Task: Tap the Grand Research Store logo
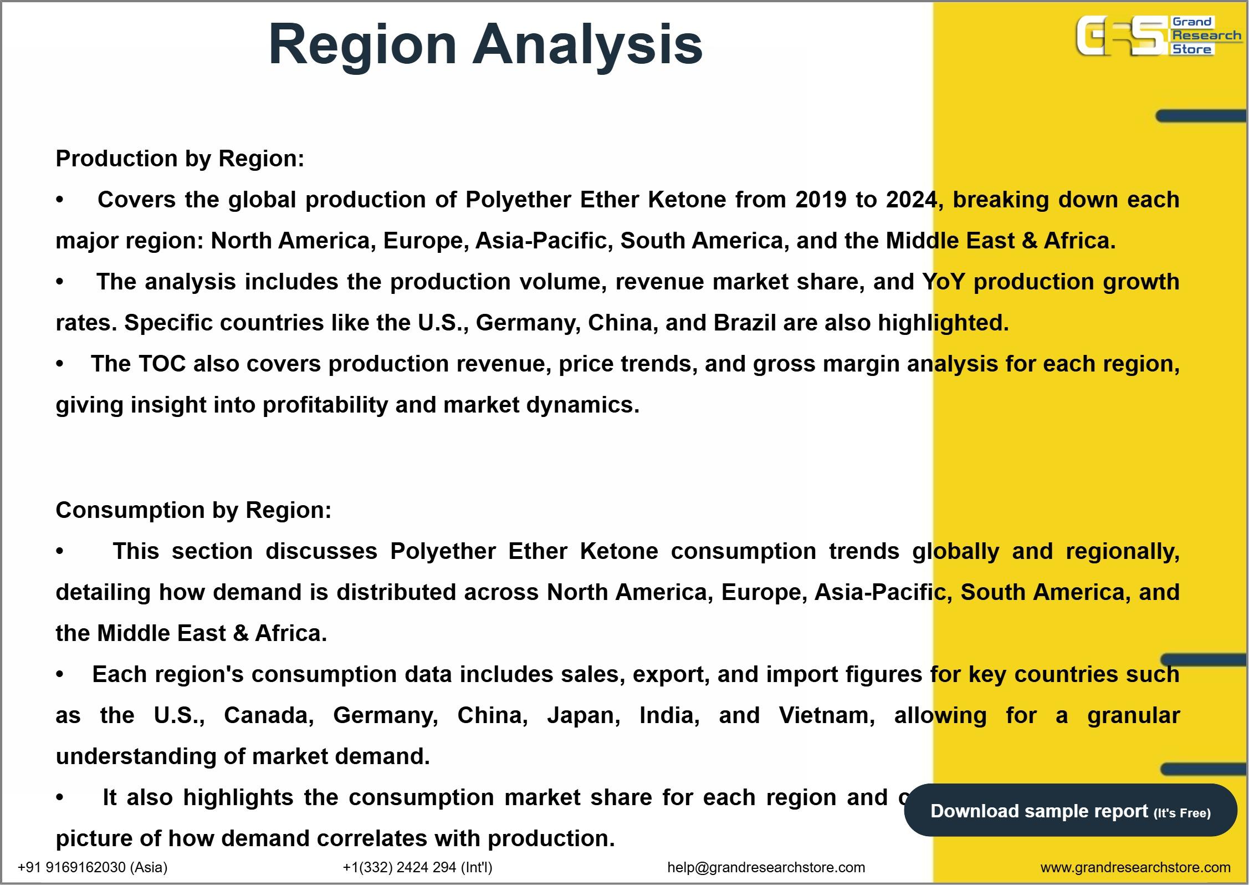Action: tap(1159, 36)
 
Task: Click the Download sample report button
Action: tap(1071, 811)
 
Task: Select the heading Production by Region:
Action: tap(180, 159)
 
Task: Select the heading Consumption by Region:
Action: tap(193, 510)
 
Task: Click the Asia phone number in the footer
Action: tap(93, 867)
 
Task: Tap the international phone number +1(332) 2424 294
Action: tap(417, 867)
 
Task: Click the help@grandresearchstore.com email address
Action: tap(766, 867)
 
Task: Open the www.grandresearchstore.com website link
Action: tap(1135, 867)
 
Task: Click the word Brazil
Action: tap(745, 323)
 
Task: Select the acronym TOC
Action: tap(162, 364)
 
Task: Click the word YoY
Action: tap(944, 282)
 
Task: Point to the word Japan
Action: tap(583, 716)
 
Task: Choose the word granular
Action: tap(1134, 716)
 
